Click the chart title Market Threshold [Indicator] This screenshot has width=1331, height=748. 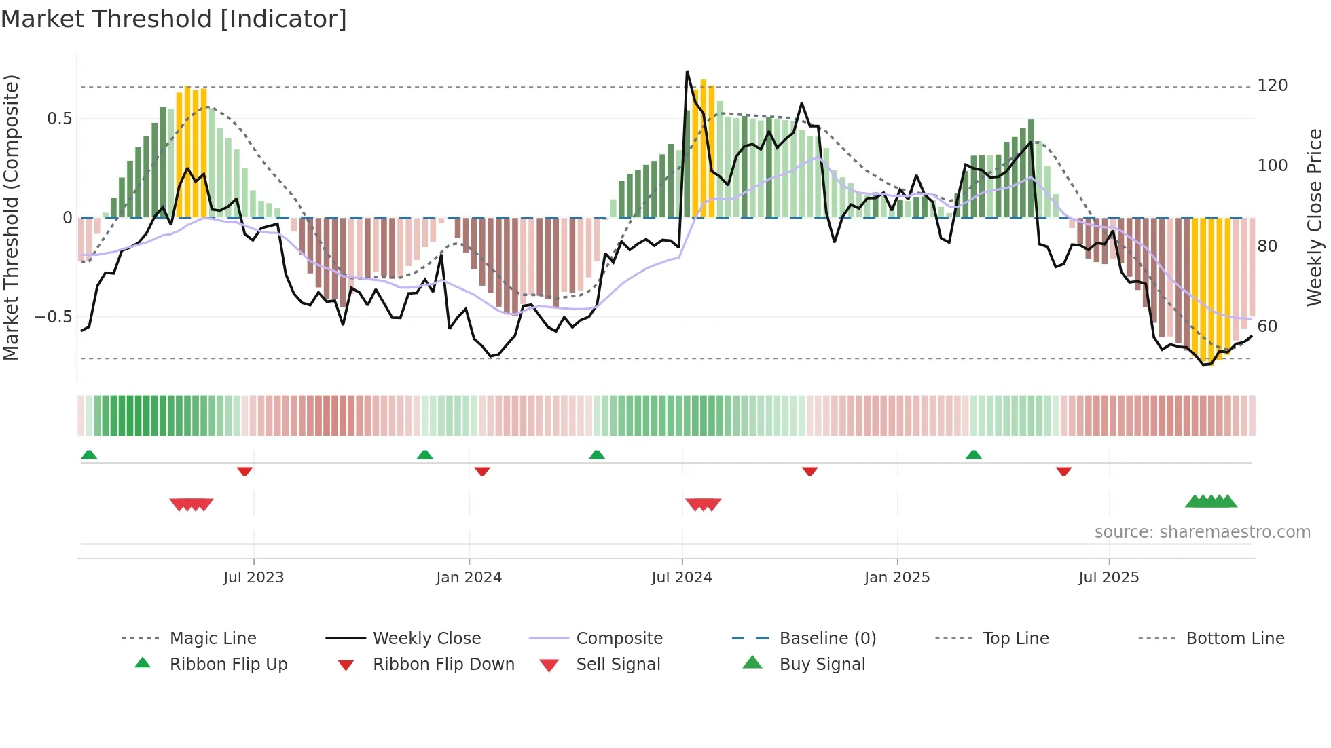(174, 19)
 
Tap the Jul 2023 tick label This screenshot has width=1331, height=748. (253, 578)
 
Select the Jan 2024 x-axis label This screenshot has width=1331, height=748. (469, 578)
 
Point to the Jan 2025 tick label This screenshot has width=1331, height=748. (896, 578)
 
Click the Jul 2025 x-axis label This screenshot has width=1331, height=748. (1108, 578)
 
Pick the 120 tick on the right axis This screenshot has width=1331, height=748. (1272, 86)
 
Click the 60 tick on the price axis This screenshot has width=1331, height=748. (1267, 326)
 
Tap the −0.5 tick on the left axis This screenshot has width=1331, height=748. (53, 317)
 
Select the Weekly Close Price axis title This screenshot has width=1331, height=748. (1315, 217)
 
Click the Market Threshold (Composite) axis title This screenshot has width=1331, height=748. (11, 217)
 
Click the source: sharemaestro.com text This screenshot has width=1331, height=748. (1202, 532)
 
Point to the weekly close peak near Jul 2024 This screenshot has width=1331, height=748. (687, 72)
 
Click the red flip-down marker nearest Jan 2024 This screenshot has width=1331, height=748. (482, 471)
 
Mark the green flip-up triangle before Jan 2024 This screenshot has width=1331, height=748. (425, 455)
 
